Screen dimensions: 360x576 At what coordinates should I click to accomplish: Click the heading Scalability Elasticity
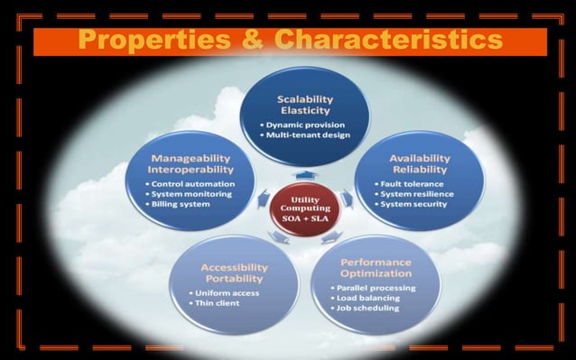click(306, 104)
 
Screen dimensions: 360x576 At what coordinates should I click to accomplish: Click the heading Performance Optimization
click(377, 267)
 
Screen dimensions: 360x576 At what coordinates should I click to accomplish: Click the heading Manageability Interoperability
click(190, 163)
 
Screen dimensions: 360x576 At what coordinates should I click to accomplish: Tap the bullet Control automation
click(193, 182)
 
